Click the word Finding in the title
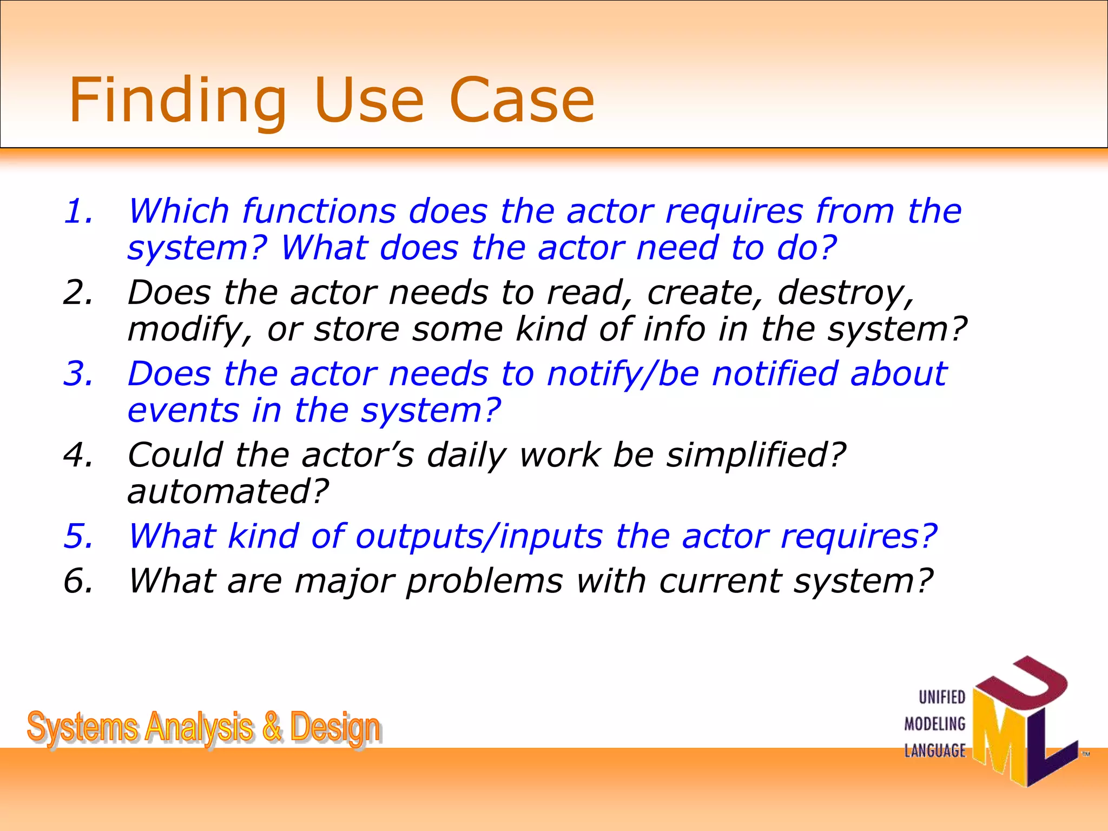pos(177,101)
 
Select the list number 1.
pos(78,211)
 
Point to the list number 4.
pos(78,455)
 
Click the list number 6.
pos(78,581)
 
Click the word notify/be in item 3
pos(623,374)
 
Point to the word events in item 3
pos(183,411)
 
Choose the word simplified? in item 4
pos(755,455)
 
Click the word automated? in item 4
pos(228,492)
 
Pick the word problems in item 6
pos(484,582)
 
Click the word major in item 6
pos(343,582)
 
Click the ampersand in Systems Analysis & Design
pos(272,727)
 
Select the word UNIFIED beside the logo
pos(942,697)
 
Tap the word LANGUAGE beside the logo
pos(935,751)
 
